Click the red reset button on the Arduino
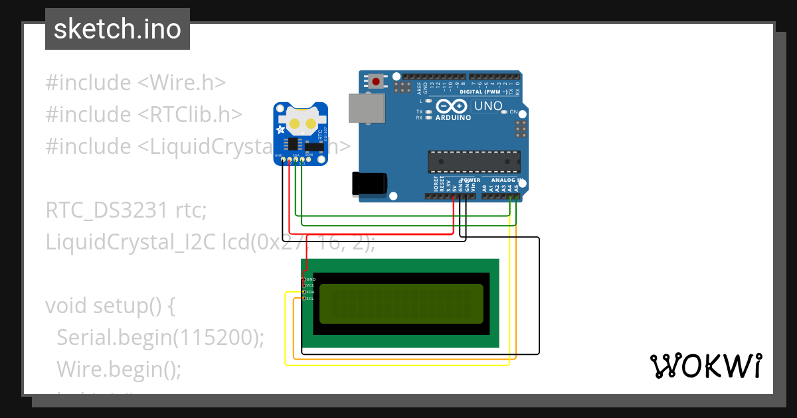click(x=377, y=82)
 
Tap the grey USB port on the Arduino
click(x=367, y=108)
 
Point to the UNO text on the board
click(x=488, y=106)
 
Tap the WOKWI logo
click(x=705, y=366)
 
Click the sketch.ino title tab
click(x=118, y=29)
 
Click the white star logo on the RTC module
click(x=281, y=129)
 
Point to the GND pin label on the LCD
click(x=310, y=279)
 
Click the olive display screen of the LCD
click(x=401, y=304)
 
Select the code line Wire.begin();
click(x=119, y=368)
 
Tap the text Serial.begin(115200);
click(x=160, y=338)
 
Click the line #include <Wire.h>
click(x=135, y=83)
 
